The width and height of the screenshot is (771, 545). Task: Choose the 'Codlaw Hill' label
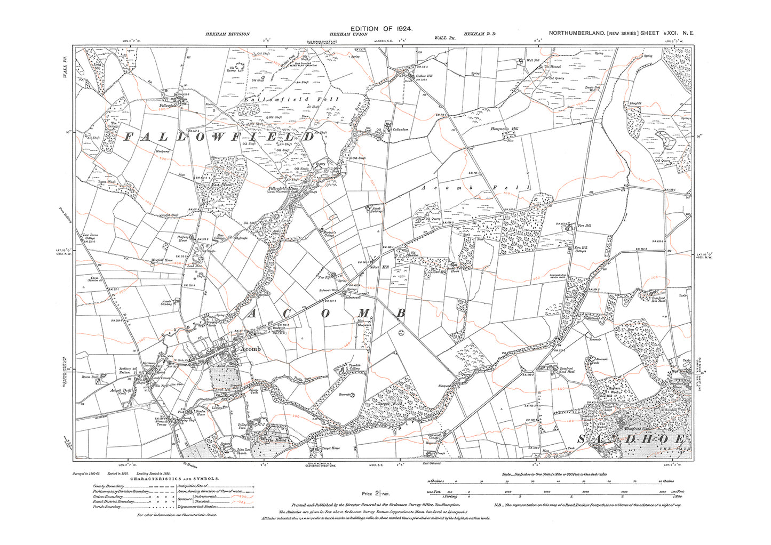tap(423, 75)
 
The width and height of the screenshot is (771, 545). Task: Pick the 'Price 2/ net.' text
tap(376, 494)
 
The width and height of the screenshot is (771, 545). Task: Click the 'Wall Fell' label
tap(534, 60)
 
